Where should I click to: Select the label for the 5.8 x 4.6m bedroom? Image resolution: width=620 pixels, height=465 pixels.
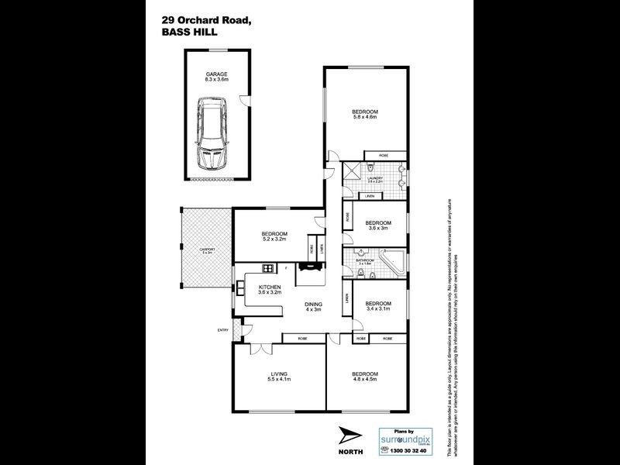pos(364,114)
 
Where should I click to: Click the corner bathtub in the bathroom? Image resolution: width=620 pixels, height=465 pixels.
pos(391,261)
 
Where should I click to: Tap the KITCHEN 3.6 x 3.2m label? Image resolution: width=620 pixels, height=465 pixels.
pos(269,290)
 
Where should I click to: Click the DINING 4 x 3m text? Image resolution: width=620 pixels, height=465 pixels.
pos(312,306)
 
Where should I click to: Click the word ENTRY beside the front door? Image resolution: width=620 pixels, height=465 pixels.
pos(224,332)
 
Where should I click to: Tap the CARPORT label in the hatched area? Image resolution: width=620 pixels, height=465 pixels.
pos(207,250)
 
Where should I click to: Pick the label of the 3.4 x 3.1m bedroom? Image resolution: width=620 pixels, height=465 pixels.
pos(377,305)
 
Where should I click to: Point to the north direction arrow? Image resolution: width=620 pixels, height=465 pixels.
pos(348,436)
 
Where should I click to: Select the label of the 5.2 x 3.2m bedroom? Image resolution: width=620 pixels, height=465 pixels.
pos(274,236)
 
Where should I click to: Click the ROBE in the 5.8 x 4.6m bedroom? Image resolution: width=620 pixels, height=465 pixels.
pos(383,156)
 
